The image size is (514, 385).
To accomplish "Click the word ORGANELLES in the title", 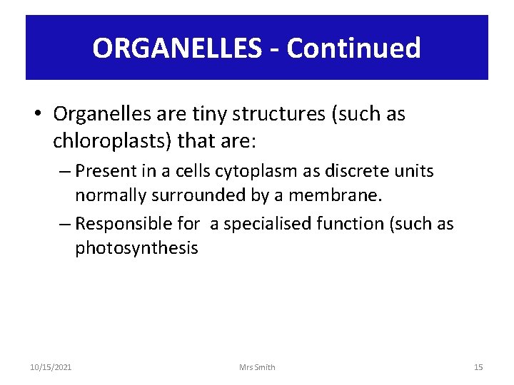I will point(178,48).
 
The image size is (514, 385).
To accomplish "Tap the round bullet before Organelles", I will point(40,114).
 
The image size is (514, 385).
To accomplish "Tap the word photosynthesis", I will point(136,248).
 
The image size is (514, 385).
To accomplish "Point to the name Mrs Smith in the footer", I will point(257,367).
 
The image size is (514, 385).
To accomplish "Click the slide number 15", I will point(478,367).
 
